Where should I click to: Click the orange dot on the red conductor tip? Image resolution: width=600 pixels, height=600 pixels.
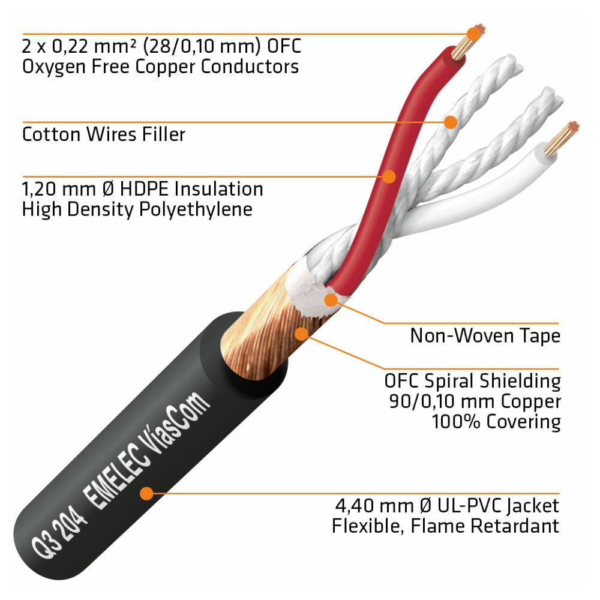474,34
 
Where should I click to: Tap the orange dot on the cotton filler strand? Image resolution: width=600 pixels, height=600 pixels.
451,122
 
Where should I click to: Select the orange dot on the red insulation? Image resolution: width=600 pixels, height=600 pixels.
389,176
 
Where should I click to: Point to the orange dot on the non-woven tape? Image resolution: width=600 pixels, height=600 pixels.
331,299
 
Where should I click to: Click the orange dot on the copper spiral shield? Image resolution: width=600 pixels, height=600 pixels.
302,333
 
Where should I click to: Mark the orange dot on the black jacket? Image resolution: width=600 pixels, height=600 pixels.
146,493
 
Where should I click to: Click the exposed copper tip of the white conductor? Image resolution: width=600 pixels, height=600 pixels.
562,138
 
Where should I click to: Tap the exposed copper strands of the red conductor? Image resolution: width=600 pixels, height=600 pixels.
467,42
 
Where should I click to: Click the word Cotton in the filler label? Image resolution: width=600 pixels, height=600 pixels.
52,134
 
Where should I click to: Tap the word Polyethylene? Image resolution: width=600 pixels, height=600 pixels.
196,209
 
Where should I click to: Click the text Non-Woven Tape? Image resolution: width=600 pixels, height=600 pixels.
485,335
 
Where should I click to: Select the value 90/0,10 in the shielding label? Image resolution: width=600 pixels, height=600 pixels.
422,401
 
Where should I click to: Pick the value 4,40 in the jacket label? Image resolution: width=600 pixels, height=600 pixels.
355,505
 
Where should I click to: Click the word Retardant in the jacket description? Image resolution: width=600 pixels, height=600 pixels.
515,526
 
